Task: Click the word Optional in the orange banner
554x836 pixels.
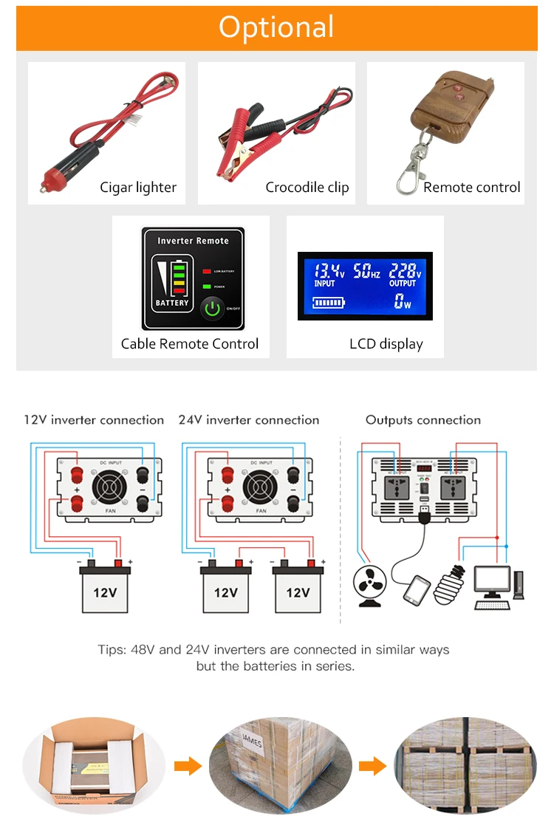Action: pyautogui.click(x=276, y=27)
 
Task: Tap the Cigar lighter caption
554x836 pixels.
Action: pyautogui.click(x=138, y=188)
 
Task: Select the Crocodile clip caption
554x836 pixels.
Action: pyautogui.click(x=307, y=188)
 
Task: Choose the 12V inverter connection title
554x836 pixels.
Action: pyautogui.click(x=94, y=420)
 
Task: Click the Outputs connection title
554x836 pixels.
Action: pyautogui.click(x=423, y=420)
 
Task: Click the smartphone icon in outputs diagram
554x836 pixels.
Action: pyautogui.click(x=417, y=589)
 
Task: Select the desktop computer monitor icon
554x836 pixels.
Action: pyautogui.click(x=492, y=580)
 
